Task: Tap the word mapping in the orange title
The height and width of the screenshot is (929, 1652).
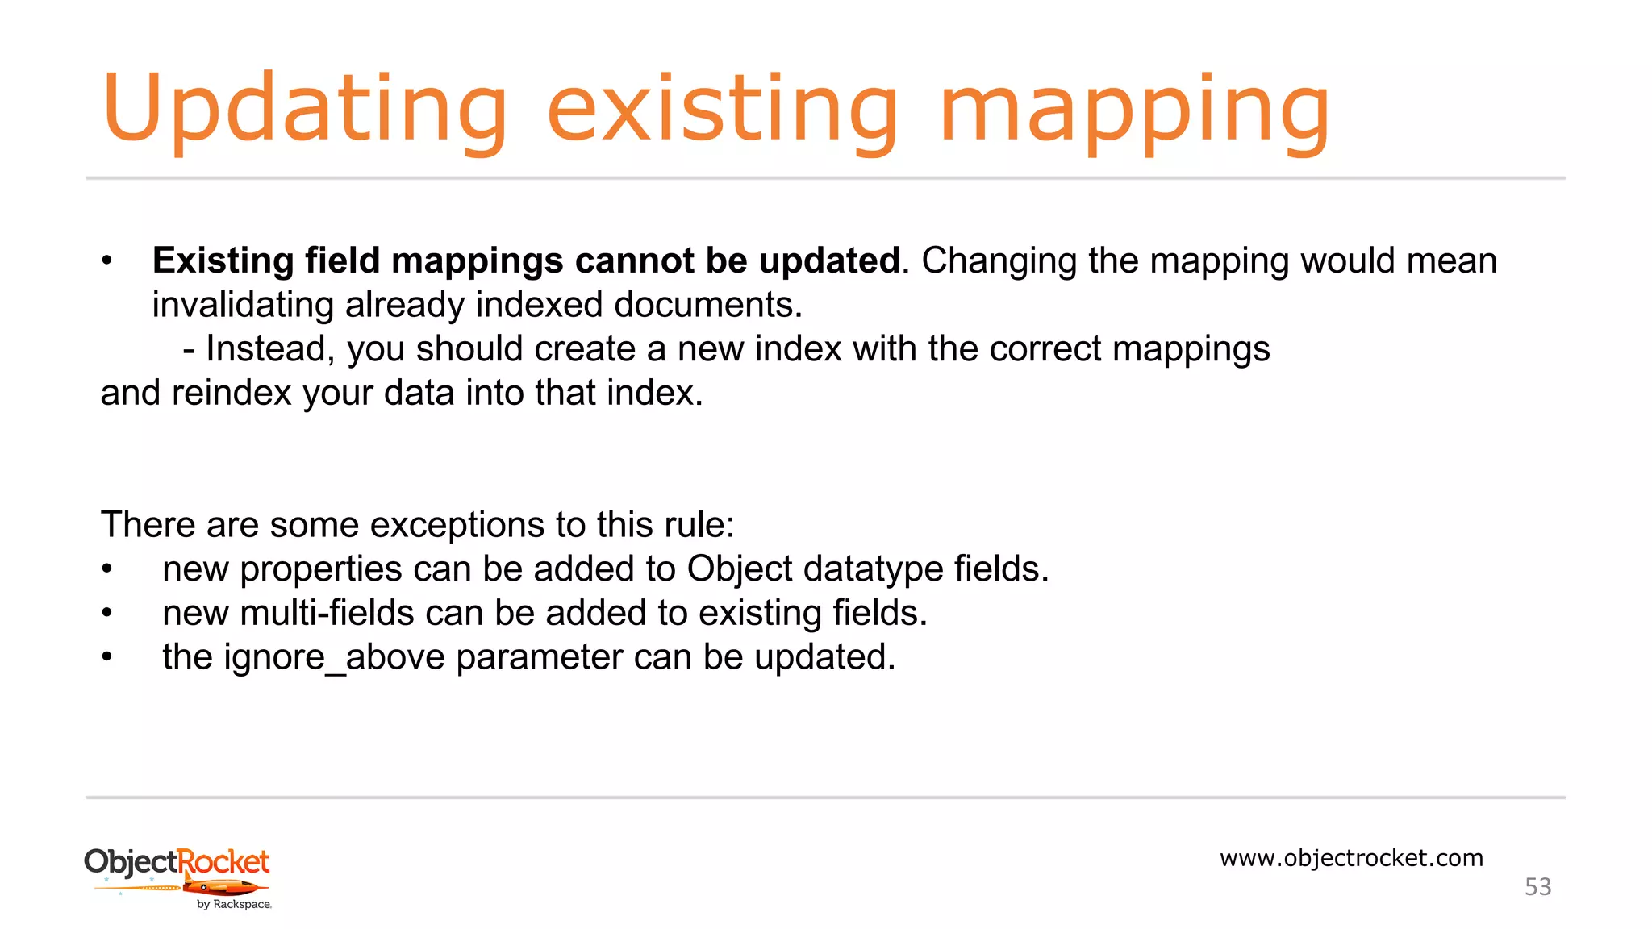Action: coord(1134,110)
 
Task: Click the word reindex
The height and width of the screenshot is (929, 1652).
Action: coord(231,393)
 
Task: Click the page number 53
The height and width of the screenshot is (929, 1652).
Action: coord(1537,887)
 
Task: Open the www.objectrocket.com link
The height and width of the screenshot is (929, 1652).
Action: coord(1351,858)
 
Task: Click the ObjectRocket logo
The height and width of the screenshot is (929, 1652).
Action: coord(178,877)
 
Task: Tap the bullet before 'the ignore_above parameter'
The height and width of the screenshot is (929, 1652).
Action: coord(106,657)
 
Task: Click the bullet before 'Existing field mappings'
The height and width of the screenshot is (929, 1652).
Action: coord(106,260)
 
